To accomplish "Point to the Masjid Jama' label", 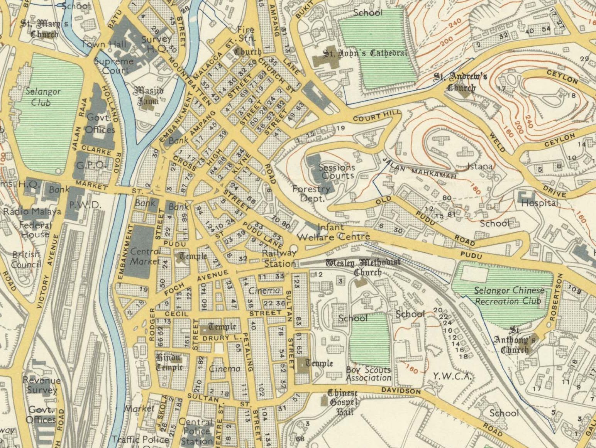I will tap(149, 96).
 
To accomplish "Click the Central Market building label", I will tap(145, 256).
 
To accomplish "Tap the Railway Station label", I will tap(279, 259).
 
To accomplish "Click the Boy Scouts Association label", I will tap(368, 374).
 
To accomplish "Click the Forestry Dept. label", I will tap(311, 193).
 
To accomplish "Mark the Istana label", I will tap(479, 166).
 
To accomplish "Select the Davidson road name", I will tap(401, 391).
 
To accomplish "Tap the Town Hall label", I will tap(103, 44).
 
